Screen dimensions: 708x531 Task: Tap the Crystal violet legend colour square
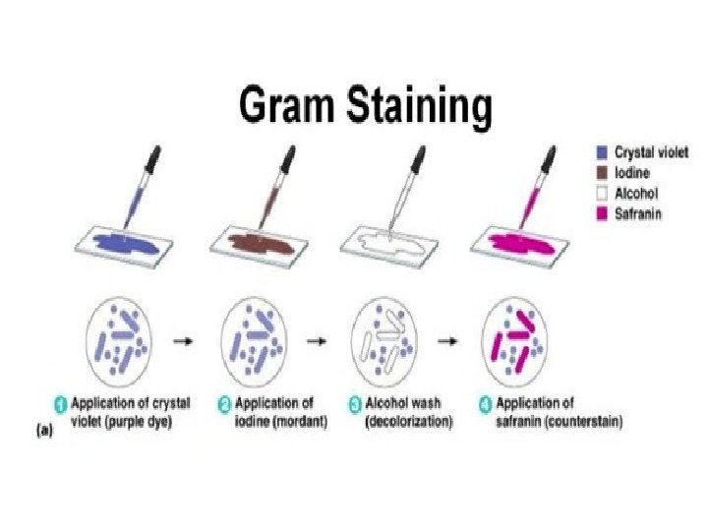[601, 152]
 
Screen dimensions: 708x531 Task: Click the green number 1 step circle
[60, 403]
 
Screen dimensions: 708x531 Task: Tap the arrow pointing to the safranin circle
[447, 340]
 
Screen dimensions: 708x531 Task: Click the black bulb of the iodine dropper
[288, 157]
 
